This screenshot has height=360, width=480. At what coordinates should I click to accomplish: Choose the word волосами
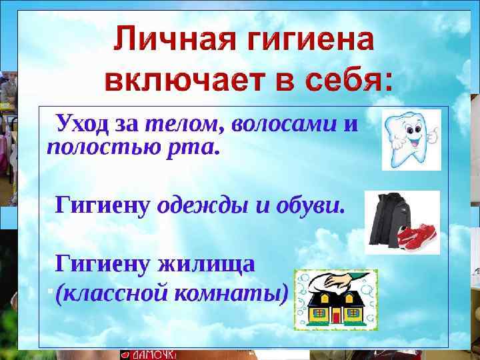pyautogui.click(x=283, y=123)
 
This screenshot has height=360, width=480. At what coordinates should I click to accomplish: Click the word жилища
pyautogui.click(x=206, y=264)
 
